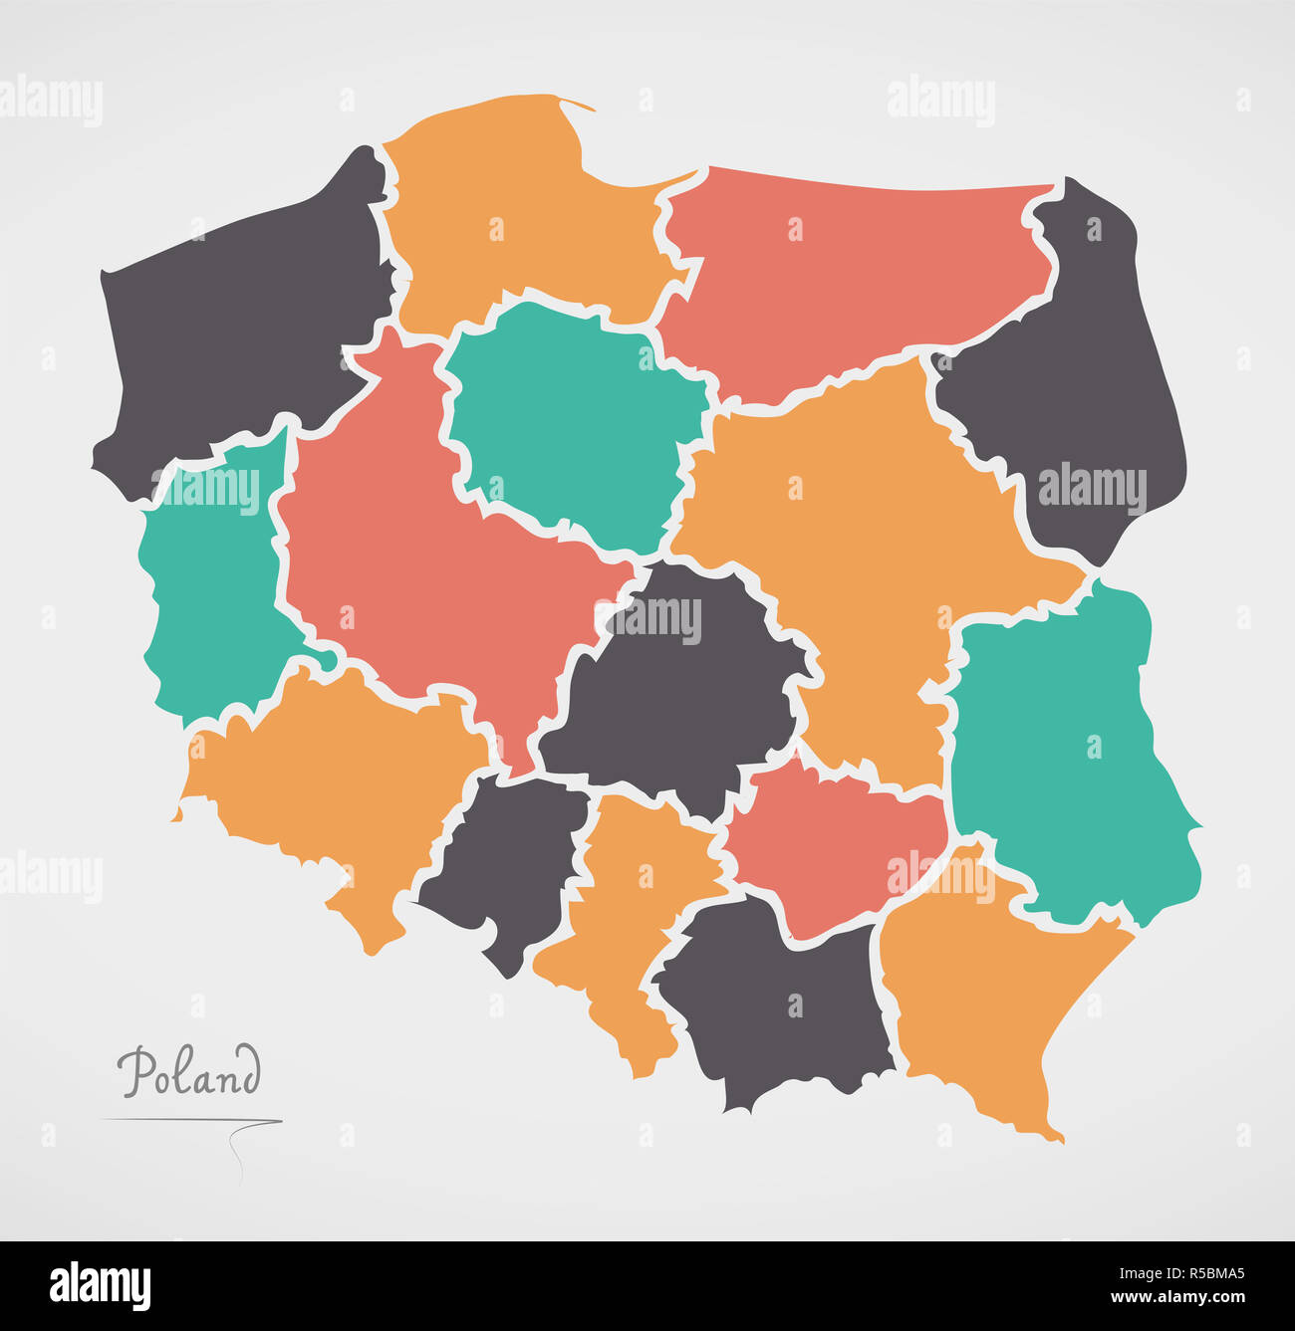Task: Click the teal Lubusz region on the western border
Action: tap(209, 597)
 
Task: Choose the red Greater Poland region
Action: tap(418, 557)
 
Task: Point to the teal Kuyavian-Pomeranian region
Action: tap(568, 418)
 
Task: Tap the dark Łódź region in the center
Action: tap(677, 697)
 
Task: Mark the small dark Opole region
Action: tap(508, 856)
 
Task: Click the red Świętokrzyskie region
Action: tap(837, 846)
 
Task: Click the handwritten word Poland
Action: tap(189, 1072)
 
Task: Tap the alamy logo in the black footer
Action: tap(100, 1285)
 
